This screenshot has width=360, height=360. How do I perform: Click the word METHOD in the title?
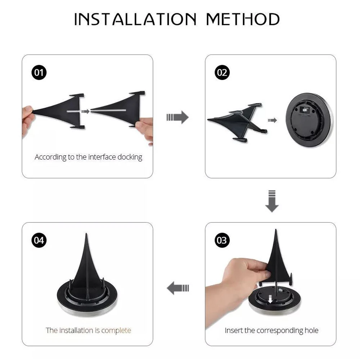(243, 19)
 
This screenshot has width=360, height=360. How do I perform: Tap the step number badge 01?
(39, 73)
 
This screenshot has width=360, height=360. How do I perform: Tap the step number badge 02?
(222, 73)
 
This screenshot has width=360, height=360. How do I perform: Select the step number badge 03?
(222, 240)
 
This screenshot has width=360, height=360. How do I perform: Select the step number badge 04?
(39, 240)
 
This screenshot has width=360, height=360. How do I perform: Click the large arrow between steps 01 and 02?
(178, 117)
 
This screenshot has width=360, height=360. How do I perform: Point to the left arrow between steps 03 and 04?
(178, 288)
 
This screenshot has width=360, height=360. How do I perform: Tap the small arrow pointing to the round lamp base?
(273, 120)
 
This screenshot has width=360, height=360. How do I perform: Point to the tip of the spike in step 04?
(86, 235)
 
